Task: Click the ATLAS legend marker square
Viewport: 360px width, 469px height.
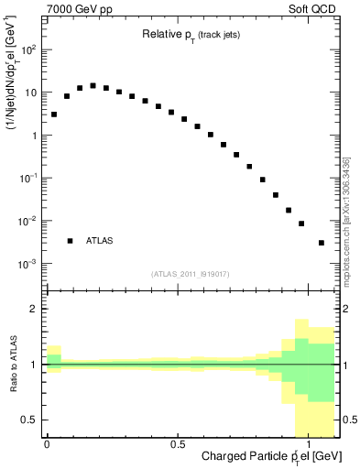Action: pos(70,241)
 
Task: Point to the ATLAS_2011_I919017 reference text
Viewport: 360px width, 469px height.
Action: pos(191,274)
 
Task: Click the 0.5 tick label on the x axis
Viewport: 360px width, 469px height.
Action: pos(177,442)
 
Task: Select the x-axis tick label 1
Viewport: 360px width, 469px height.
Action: pos(309,442)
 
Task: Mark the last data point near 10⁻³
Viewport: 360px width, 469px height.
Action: pos(321,243)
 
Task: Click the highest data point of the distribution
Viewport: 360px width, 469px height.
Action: pos(93,86)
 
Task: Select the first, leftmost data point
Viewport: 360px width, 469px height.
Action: pos(54,115)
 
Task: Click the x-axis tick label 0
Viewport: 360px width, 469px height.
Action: pos(47,442)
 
